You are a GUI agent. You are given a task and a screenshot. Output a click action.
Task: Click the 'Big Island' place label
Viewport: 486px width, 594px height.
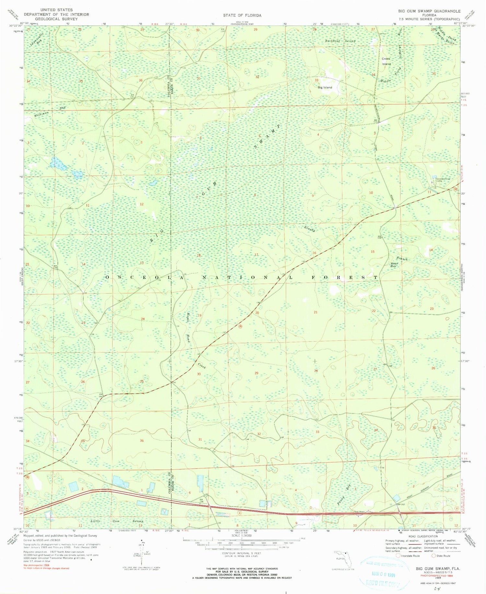325,87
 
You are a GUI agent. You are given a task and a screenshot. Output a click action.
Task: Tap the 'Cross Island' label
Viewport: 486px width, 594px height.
386,61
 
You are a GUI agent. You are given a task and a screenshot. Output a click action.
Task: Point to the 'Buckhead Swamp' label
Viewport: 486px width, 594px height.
340,41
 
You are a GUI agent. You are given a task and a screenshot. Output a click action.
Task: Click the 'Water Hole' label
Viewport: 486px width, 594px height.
394,265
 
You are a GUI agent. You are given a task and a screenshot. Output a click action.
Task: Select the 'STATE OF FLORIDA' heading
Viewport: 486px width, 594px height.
242,15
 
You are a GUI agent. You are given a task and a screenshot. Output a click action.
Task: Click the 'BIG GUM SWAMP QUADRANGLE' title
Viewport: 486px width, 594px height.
429,11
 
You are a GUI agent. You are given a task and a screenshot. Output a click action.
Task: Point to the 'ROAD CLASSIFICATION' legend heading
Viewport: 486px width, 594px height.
423,536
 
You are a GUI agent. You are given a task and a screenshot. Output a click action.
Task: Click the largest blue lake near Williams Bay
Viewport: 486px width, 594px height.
58,164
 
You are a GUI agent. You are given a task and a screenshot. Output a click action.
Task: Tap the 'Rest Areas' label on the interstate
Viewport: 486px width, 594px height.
360,512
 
